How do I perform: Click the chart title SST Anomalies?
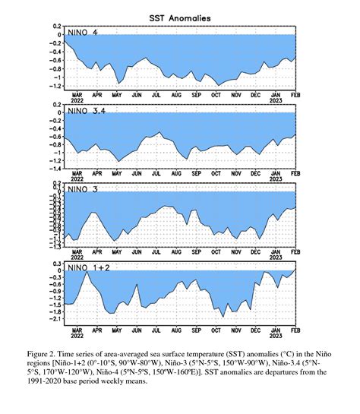click(x=180, y=16)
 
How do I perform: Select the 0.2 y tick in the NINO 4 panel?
click(x=57, y=25)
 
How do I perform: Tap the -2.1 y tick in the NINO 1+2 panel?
click(x=55, y=319)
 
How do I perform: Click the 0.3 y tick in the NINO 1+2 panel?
click(x=57, y=262)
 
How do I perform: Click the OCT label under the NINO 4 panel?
click(x=216, y=95)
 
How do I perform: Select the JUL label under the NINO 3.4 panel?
click(x=156, y=174)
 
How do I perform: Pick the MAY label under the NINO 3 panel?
click(x=115, y=253)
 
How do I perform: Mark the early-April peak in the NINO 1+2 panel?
click(x=87, y=272)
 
